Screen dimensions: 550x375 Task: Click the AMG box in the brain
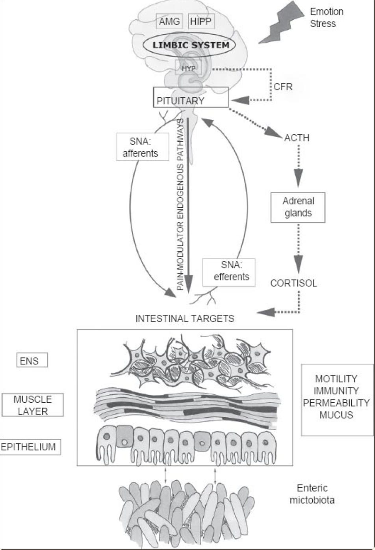170,21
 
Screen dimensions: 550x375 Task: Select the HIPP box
201,21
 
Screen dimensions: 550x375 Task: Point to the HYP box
188,68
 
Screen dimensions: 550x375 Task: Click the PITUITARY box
191,100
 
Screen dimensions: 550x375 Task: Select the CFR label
283,86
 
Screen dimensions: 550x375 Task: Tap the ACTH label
297,138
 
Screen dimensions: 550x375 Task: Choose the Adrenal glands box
298,207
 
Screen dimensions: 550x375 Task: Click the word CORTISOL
293,283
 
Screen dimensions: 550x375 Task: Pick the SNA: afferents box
140,147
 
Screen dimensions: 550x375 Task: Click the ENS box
32,360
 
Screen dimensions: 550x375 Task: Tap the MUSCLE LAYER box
33,405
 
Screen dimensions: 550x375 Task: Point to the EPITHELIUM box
30,447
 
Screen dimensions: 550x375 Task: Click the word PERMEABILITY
337,403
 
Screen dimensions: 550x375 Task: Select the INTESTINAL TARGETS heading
185,318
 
